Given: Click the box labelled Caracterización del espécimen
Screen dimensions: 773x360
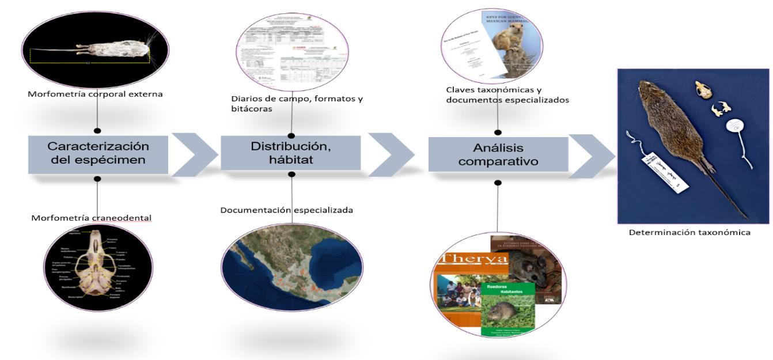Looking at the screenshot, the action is tap(98, 154).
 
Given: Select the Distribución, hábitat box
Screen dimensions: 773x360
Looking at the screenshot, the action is tap(290, 153).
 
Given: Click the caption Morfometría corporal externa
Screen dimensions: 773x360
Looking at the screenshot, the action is tap(95, 94).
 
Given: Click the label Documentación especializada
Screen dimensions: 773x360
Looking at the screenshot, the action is tap(286, 210).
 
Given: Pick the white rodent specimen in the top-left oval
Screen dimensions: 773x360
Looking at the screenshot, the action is tap(92, 51).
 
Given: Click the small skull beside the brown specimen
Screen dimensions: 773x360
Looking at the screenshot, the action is tap(702, 89).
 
